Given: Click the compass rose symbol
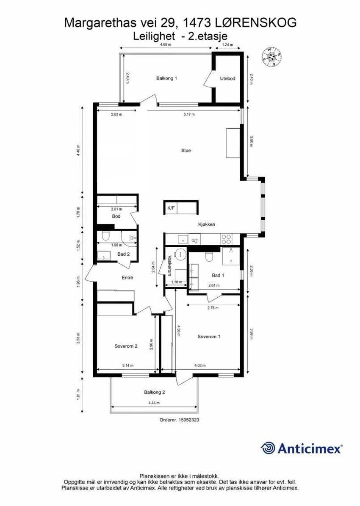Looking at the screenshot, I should (x=272, y=57).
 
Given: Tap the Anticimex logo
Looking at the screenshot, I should (x=301, y=448).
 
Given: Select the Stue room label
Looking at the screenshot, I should (x=186, y=150).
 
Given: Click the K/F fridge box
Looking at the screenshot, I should (x=171, y=208).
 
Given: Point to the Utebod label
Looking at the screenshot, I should (x=227, y=78).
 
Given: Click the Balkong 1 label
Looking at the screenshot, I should (x=166, y=78).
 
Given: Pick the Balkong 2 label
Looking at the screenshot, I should (x=154, y=392).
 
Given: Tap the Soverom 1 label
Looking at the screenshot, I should (x=209, y=337).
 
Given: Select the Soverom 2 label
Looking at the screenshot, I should (x=126, y=346).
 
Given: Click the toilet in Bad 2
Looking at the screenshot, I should (x=105, y=236).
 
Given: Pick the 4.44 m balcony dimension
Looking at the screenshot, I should (x=154, y=403).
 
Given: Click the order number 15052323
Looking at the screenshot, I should (x=180, y=420).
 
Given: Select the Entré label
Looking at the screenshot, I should (x=127, y=278).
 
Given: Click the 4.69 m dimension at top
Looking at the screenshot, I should (x=166, y=44).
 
